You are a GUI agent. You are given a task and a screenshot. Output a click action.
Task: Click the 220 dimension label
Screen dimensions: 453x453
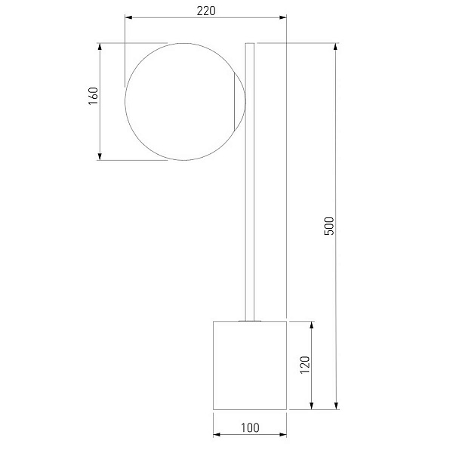[x=206, y=11]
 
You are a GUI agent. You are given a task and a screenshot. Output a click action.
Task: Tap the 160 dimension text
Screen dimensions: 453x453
[x=94, y=96]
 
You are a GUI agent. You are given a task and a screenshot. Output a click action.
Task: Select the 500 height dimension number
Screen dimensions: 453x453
[x=329, y=226]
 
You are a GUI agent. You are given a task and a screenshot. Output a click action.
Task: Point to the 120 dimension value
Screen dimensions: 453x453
[x=305, y=365]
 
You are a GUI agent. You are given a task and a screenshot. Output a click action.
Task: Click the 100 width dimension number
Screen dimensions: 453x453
[x=250, y=428]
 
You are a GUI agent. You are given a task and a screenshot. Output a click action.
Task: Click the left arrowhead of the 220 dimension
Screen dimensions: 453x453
[x=128, y=17]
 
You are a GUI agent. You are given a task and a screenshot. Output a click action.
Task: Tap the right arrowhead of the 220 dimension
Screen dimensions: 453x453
[x=283, y=17]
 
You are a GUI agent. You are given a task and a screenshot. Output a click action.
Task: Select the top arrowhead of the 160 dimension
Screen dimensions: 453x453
[x=100, y=47]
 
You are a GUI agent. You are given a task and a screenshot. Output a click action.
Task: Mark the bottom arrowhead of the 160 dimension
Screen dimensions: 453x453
[x=100, y=156]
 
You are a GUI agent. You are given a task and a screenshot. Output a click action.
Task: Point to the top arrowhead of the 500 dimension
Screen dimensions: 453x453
[x=336, y=47]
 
